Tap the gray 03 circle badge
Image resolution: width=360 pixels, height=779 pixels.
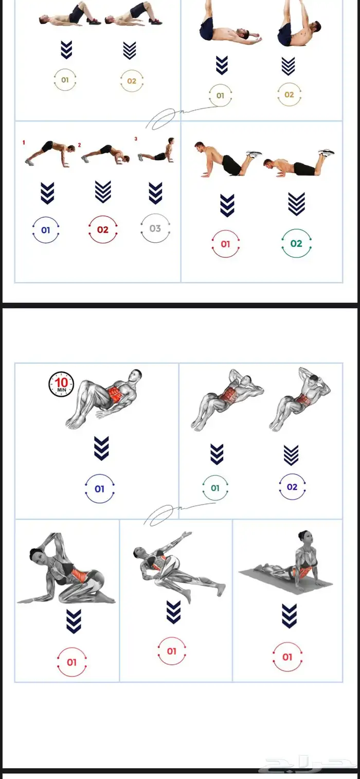coord(155,228)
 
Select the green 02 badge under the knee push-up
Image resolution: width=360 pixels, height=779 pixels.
coord(296,243)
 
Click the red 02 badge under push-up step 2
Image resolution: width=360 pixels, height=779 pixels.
coord(103,230)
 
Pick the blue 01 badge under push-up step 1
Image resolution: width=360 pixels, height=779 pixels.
coord(46,230)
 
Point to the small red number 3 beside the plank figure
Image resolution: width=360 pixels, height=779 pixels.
coord(136,139)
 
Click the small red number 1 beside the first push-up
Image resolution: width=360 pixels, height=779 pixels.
coord(24,142)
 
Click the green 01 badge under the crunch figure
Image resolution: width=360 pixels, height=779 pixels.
coord(215,488)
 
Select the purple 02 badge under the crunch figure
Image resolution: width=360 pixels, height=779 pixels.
coord(292,487)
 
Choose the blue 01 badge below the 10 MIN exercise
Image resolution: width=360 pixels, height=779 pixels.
coord(99,488)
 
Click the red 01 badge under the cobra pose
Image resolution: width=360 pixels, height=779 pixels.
coord(287,657)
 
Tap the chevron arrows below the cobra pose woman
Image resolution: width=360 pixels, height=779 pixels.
coord(289,616)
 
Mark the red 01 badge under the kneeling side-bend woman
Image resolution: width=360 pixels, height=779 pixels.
coord(71,662)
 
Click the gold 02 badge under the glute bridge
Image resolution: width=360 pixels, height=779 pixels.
coord(132,81)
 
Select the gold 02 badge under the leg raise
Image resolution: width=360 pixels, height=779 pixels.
coord(289,95)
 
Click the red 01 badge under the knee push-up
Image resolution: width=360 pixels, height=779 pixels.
coord(225,244)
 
